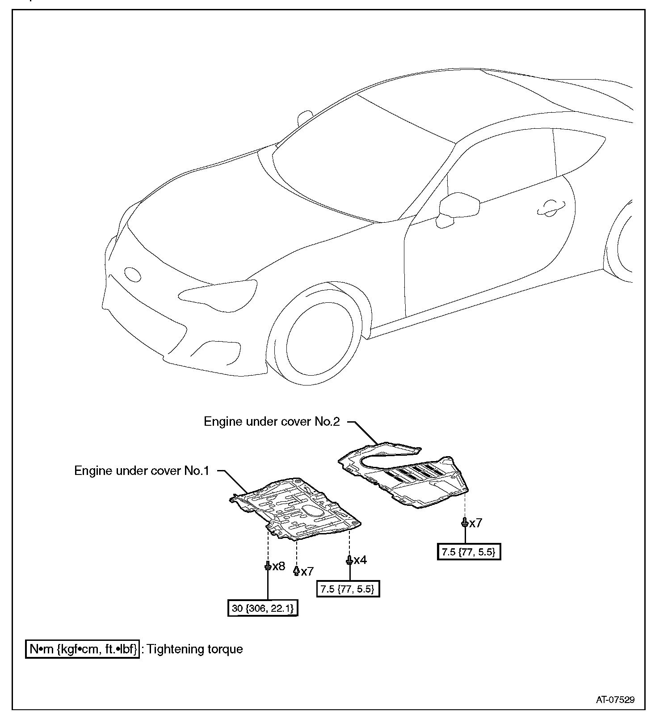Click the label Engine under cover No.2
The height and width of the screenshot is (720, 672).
[x=272, y=422]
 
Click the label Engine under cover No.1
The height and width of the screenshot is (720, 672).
[x=142, y=471]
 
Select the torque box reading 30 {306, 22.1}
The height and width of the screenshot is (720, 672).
[x=263, y=608]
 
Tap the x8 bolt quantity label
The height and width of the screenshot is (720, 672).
[x=278, y=566]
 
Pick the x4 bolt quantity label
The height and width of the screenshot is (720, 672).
[x=360, y=560]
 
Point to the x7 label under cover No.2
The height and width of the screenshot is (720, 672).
[x=475, y=523]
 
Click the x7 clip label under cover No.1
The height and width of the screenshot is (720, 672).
[x=307, y=571]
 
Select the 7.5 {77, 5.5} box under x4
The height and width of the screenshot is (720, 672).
[x=347, y=589]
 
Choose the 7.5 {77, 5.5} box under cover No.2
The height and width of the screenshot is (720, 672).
[x=469, y=552]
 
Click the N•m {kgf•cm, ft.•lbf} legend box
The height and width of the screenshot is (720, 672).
[x=82, y=649]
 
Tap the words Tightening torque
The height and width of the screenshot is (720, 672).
[x=195, y=649]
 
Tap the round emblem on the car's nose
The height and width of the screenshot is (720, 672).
[x=132, y=274]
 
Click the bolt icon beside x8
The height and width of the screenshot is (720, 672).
[x=267, y=566]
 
